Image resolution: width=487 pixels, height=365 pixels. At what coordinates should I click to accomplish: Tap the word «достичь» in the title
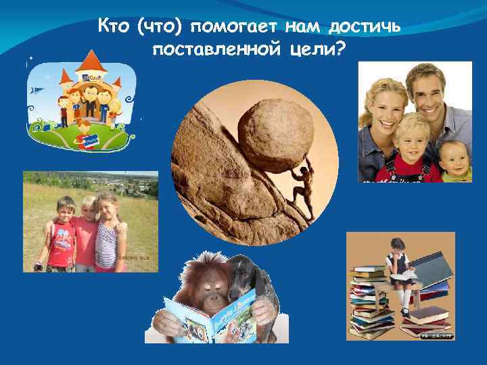click(x=365, y=26)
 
